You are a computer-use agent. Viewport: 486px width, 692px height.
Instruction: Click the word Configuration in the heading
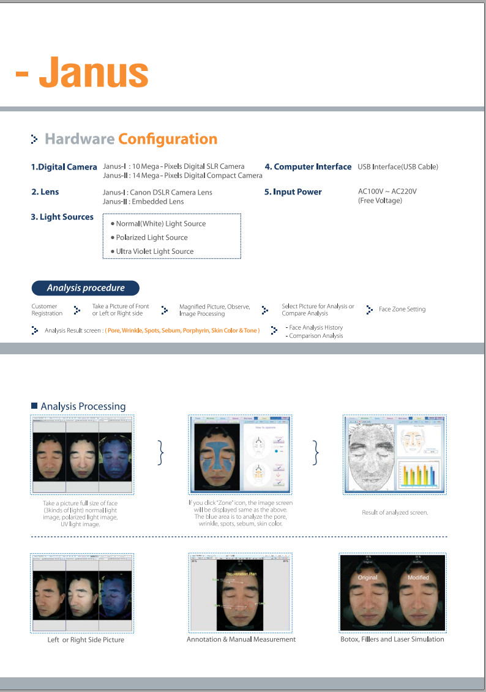168,139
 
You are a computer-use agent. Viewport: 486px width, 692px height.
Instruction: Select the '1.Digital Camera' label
64,167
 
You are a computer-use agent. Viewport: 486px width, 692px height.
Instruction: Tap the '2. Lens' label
45,192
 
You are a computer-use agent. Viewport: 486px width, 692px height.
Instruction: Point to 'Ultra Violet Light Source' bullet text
155,251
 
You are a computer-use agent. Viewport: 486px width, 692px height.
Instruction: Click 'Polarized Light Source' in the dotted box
152,237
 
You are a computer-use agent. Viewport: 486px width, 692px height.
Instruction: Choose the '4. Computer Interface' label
308,166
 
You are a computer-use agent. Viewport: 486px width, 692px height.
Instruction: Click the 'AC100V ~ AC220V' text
387,192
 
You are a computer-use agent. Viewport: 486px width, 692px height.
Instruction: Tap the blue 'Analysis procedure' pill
86,288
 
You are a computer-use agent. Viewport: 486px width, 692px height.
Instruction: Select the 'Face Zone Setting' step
402,310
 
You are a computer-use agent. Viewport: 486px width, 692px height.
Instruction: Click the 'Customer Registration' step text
47,310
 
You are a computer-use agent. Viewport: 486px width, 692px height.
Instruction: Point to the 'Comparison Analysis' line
316,336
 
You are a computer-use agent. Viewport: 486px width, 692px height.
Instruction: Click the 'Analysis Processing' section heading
83,406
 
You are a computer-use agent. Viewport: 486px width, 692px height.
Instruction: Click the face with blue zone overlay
219,456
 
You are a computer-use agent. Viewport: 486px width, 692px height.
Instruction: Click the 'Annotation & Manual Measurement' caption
241,639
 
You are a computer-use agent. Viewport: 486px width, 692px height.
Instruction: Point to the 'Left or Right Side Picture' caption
86,640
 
